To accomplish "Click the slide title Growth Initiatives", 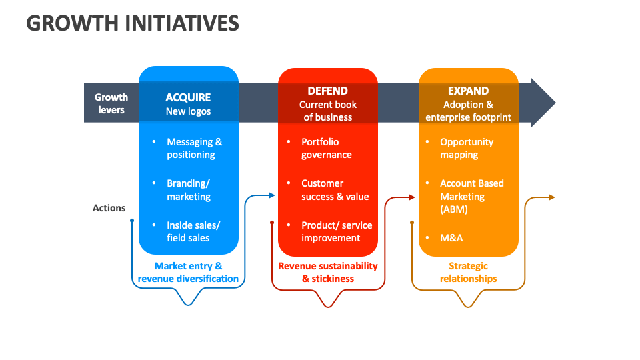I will (133, 23).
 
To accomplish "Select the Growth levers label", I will (111, 103).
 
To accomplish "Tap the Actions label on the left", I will (109, 208).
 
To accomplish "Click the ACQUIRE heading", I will (188, 97).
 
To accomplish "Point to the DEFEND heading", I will (327, 91).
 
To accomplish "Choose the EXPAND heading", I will (468, 91).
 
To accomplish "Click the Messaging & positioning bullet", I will (194, 148).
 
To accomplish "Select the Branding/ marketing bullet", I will (189, 190).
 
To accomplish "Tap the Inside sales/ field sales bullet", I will (193, 231).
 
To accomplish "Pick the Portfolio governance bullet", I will (327, 148).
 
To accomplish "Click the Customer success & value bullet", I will (335, 190).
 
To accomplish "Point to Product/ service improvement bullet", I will (336, 231).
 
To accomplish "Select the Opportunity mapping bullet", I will (466, 148).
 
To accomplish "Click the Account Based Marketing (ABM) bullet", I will (471, 196).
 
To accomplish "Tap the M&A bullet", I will (451, 238).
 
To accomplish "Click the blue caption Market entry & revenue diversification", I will (188, 273).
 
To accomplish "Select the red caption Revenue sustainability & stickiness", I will (327, 273).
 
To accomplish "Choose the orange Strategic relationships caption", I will (468, 273).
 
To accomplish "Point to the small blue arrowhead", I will (271, 195).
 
